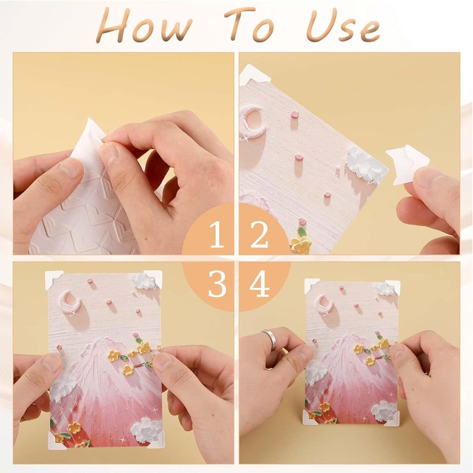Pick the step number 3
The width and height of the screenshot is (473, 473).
[217, 284]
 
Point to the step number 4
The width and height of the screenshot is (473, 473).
[259, 284]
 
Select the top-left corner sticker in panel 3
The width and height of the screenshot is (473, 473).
[53, 279]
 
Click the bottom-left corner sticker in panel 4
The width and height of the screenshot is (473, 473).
[310, 417]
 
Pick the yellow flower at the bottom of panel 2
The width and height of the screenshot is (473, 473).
[301, 245]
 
